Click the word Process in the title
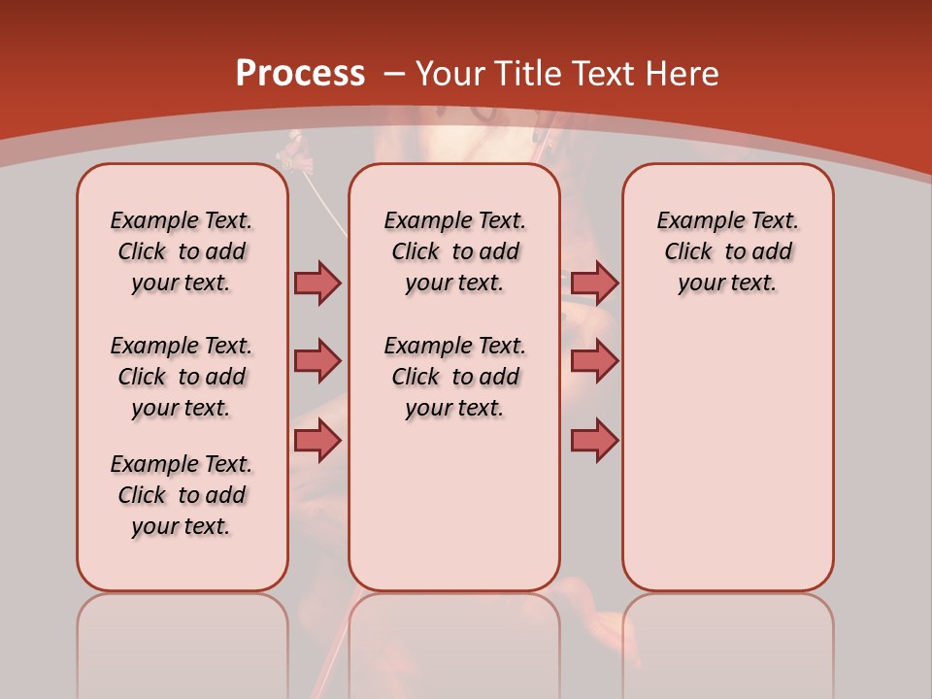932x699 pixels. pos(300,73)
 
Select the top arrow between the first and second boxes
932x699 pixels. pos(317,283)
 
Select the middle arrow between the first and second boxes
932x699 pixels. pos(317,361)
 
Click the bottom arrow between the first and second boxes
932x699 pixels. pos(317,442)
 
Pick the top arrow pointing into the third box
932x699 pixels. pos(594,283)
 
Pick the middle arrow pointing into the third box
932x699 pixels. pos(594,361)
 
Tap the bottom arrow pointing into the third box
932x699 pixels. pos(594,442)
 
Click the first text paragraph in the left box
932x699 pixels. pos(182,251)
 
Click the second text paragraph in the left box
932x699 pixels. pos(182,377)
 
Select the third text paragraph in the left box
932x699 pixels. pos(182,495)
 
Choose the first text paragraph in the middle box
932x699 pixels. pos(454,251)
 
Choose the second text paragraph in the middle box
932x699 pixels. pos(454,377)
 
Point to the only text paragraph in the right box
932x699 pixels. pos(727,251)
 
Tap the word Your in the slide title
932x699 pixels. pos(450,73)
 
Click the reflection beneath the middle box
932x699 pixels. pos(454,641)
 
